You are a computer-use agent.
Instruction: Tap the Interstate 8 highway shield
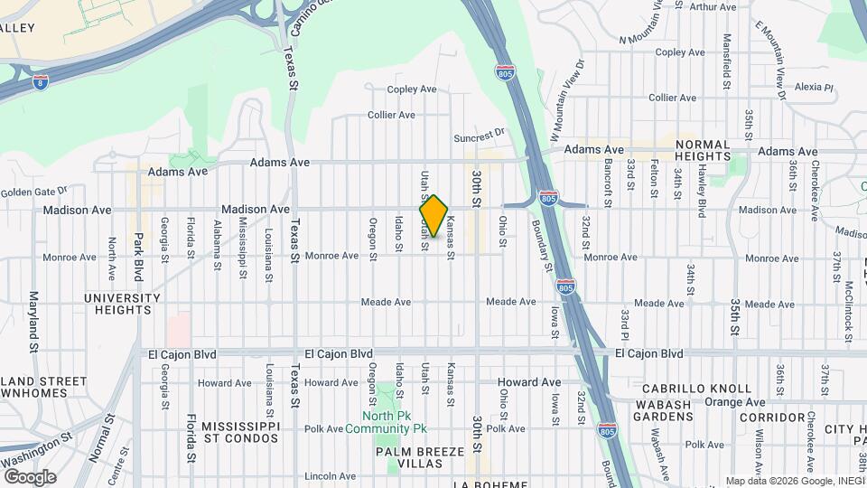tap(41, 81)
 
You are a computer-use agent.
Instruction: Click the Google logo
tap(29, 476)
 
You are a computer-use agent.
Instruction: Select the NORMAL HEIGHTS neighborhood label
tap(702, 150)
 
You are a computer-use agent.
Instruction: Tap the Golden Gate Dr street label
tap(34, 192)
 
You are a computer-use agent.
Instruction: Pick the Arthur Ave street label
tap(713, 7)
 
